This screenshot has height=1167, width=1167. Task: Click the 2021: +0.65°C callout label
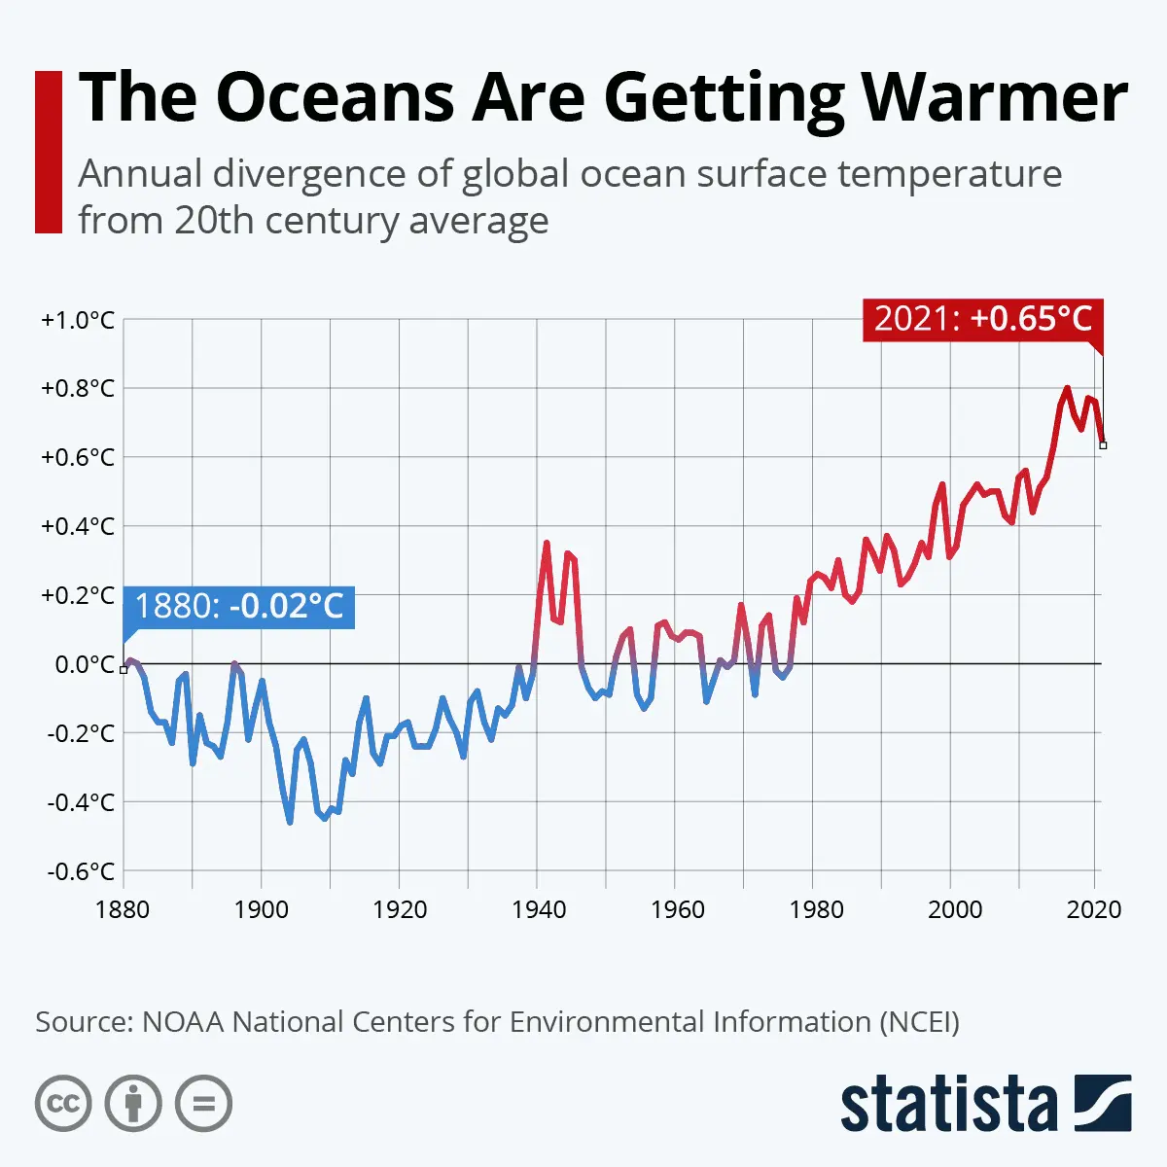pyautogui.click(x=983, y=319)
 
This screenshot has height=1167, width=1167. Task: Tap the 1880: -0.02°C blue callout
pyautogui.click(x=239, y=606)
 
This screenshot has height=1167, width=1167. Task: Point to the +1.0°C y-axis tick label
pyautogui.click(x=78, y=320)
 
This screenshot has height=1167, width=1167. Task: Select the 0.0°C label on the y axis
pyautogui.click(x=84, y=664)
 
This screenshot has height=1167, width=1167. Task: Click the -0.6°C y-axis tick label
pyautogui.click(x=81, y=871)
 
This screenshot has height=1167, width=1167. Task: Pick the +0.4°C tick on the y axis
pyautogui.click(x=78, y=526)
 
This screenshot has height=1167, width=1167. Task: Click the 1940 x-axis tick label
pyautogui.click(x=539, y=910)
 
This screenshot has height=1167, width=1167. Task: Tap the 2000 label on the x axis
pyautogui.click(x=954, y=910)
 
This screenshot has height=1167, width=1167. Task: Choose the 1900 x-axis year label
pyautogui.click(x=262, y=910)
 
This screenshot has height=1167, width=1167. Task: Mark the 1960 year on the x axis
pyautogui.click(x=678, y=910)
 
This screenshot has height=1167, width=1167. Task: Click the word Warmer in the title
pyautogui.click(x=994, y=97)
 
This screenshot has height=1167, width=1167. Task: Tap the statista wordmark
pyautogui.click(x=948, y=1105)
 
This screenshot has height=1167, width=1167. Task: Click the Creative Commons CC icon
pyautogui.click(x=63, y=1104)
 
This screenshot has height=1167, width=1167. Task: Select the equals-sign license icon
pyautogui.click(x=203, y=1104)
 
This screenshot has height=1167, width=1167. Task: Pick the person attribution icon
pyautogui.click(x=133, y=1104)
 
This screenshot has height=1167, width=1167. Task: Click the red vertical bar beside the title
pyautogui.click(x=48, y=152)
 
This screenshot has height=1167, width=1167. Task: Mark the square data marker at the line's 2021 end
pyautogui.click(x=1103, y=445)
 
